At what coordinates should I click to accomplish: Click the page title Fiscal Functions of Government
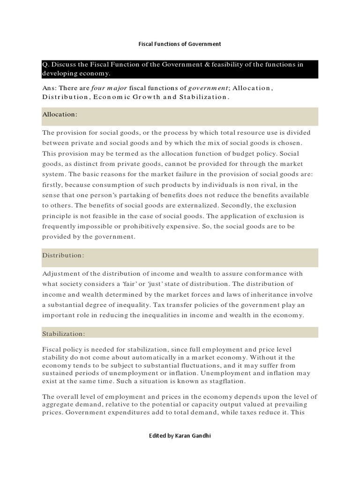[x=180, y=44]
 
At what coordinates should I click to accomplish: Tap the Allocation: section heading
[x=60, y=114]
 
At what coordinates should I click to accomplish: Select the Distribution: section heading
[x=63, y=255]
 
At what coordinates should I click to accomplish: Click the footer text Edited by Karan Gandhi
[x=180, y=435]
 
